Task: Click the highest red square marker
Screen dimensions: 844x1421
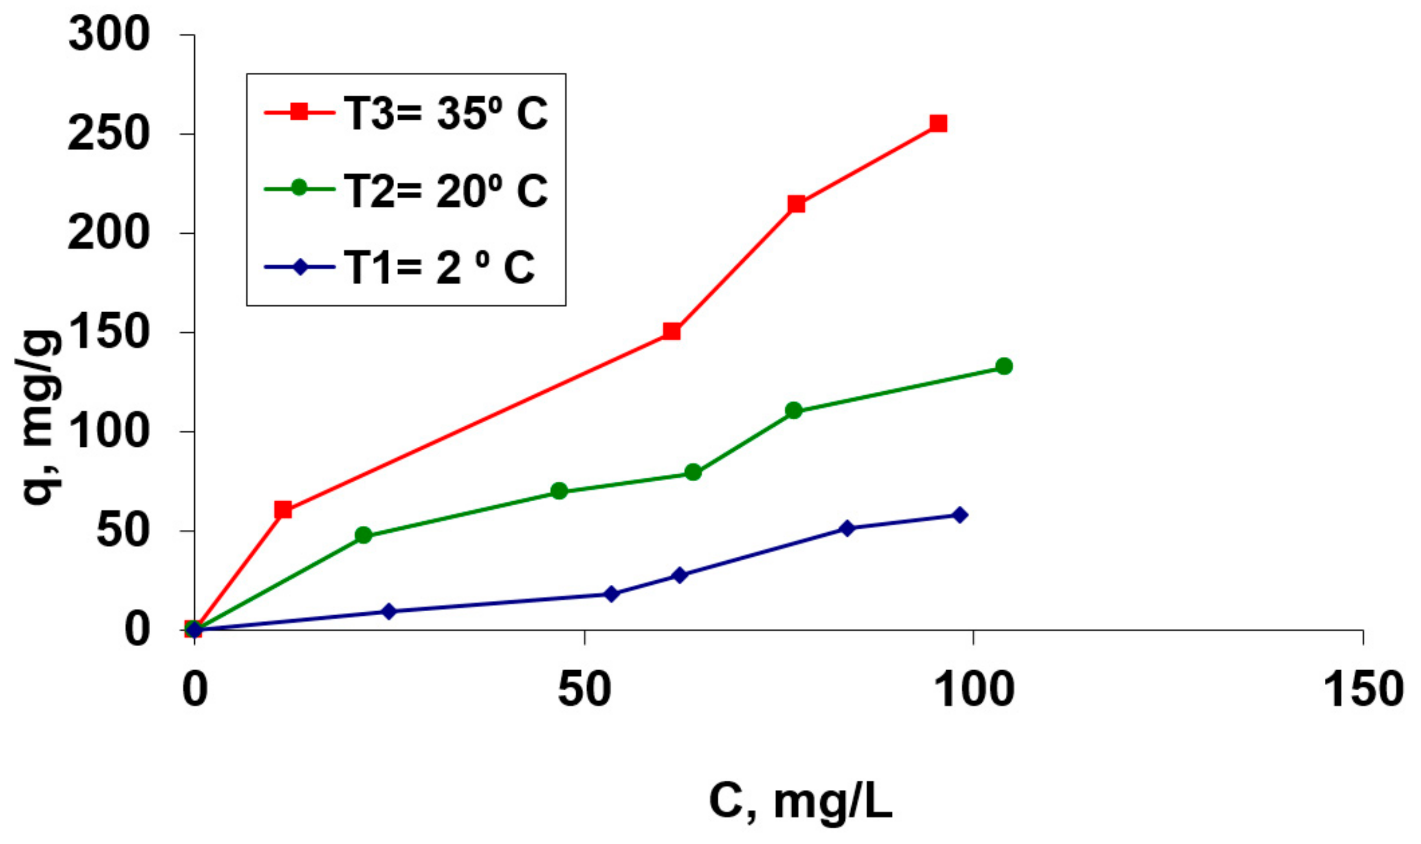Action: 938,123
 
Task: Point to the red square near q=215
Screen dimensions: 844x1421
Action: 796,204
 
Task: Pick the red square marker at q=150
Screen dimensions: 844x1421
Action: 672,331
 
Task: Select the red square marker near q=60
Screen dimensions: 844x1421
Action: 283,510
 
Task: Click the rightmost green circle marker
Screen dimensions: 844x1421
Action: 1004,366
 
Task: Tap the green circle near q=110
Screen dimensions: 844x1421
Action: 794,410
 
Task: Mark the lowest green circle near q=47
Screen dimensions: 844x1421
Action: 364,535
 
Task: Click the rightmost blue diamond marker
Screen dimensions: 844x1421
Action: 960,515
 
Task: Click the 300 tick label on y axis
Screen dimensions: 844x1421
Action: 108,35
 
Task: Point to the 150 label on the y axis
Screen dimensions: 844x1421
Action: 108,333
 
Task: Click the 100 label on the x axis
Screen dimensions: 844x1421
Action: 974,690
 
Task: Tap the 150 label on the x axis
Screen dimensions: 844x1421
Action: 1363,690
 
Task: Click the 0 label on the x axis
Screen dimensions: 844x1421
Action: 195,690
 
